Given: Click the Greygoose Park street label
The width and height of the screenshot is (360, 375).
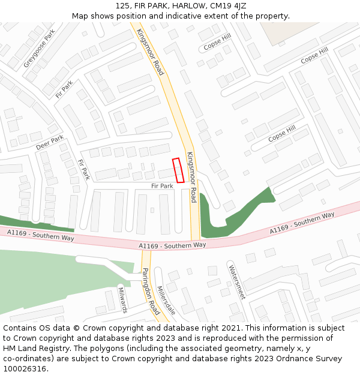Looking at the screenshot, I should click(x=39, y=48).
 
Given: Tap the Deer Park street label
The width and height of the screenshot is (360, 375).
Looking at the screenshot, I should click(x=49, y=143).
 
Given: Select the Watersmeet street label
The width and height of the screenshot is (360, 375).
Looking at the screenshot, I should click(x=236, y=281).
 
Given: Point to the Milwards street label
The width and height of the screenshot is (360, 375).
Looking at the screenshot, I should click(x=122, y=299).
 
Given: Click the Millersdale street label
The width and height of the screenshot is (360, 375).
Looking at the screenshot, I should click(x=166, y=300).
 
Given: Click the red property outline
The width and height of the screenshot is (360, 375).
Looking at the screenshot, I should click(x=178, y=170).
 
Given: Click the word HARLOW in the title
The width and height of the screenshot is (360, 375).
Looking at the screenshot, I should click(x=187, y=6).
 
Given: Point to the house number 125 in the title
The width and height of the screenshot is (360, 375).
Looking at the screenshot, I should click(x=123, y=6).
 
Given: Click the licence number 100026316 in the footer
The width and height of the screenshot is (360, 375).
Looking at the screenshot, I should click(x=25, y=368).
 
